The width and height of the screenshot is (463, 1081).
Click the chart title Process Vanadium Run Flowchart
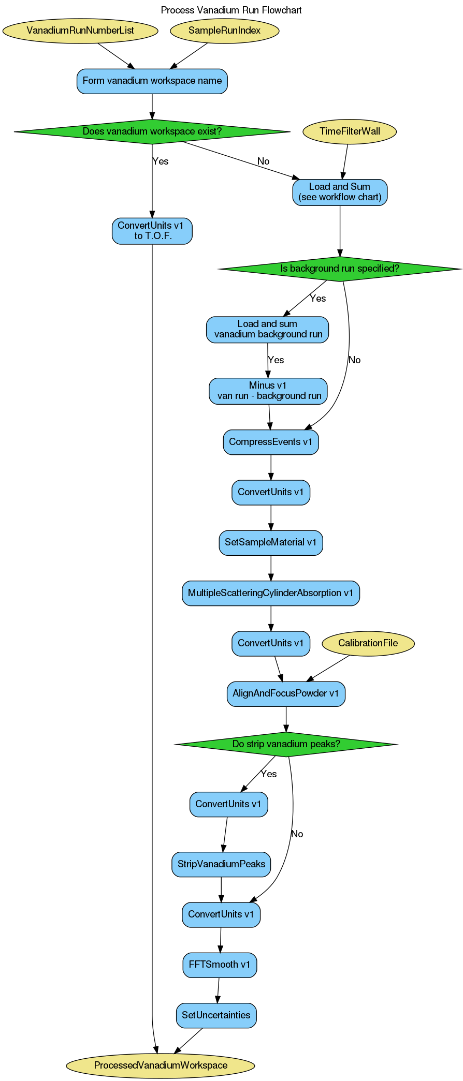pos(231,10)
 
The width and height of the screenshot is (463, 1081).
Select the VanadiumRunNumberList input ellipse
pos(80,31)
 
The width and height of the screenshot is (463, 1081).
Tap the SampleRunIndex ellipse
pos(224,31)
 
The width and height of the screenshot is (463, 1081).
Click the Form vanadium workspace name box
pos(152,81)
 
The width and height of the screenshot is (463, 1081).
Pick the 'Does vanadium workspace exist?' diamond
pos(152,131)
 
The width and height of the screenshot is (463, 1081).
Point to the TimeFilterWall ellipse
pos(350,131)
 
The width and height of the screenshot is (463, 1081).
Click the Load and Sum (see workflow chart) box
pos(339,192)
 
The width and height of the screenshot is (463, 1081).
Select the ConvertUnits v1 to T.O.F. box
pos(152,231)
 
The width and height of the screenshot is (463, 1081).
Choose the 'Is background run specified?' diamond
pos(339,269)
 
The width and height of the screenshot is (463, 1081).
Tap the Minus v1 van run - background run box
pos(268,391)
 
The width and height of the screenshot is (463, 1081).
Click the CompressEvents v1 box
pos(270,442)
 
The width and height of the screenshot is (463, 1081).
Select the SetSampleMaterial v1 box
pos(270,542)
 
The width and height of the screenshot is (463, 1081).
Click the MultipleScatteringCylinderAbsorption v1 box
pos(270,593)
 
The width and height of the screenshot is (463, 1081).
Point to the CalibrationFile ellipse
pos(368,643)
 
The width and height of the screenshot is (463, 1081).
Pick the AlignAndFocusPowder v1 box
pos(285,693)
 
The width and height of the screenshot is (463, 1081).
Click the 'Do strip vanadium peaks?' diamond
pos(285,744)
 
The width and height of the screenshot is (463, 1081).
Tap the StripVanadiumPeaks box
pos(221,864)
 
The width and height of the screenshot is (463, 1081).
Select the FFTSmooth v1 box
pos(219,965)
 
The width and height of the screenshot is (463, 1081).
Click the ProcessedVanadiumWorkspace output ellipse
pos(161,1065)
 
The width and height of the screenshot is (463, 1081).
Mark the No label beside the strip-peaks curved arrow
pos(297,834)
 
